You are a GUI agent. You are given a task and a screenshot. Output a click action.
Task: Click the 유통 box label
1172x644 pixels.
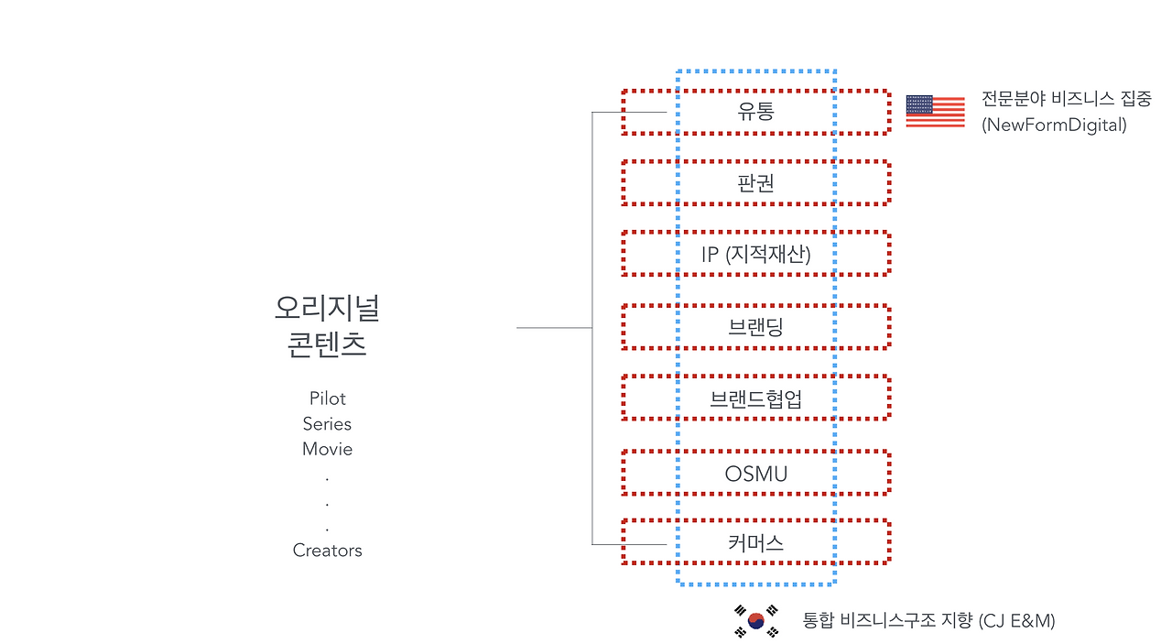[x=755, y=112]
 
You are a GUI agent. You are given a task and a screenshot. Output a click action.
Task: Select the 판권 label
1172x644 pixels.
[x=755, y=183]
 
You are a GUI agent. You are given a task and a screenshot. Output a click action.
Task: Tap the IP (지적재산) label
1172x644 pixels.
[x=755, y=254]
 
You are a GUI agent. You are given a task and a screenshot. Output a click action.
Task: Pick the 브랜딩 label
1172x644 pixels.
[x=755, y=327]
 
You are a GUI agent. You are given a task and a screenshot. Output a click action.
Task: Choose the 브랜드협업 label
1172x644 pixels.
[x=755, y=398]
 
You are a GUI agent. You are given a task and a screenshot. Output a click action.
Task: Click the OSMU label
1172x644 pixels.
[x=755, y=474]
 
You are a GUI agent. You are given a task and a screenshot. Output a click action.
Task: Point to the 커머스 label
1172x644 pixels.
[x=755, y=542]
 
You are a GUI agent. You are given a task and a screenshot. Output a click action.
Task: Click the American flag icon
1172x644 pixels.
[x=935, y=111]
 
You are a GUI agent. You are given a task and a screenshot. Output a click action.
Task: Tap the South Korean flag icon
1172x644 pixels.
[x=756, y=620]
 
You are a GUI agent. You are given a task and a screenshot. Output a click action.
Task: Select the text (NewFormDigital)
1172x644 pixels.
[x=1054, y=126]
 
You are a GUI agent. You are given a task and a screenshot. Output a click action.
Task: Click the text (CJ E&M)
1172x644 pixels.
[x=1016, y=621]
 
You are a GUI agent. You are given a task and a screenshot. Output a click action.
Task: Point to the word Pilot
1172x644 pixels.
[x=327, y=398]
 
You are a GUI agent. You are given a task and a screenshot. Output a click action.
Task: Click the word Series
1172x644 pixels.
[x=327, y=424]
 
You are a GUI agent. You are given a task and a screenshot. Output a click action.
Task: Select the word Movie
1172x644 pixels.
[x=327, y=449]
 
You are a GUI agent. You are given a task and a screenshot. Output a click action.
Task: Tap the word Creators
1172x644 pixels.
[x=327, y=551]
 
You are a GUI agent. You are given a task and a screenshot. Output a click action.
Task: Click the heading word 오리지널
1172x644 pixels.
[x=327, y=308]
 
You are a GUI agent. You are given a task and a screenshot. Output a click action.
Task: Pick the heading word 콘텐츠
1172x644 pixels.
[x=327, y=345]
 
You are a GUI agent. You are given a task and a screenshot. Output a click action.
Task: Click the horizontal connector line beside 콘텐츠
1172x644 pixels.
[x=554, y=327]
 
